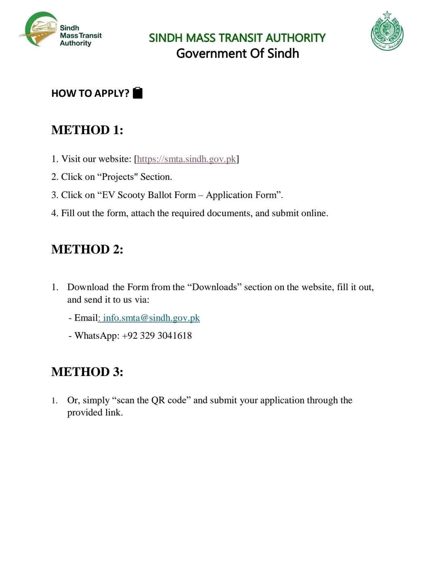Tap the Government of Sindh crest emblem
point(387,31)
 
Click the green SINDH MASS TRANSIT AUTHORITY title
point(237,38)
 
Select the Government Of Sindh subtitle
point(237,54)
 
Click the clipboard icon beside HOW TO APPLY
point(138,93)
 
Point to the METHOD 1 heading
point(87,130)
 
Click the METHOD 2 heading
point(87,249)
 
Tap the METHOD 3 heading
point(87,372)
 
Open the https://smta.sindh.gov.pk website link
point(186,159)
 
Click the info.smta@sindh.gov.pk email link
point(151,318)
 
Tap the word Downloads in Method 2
point(214,287)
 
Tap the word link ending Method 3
point(113,413)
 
